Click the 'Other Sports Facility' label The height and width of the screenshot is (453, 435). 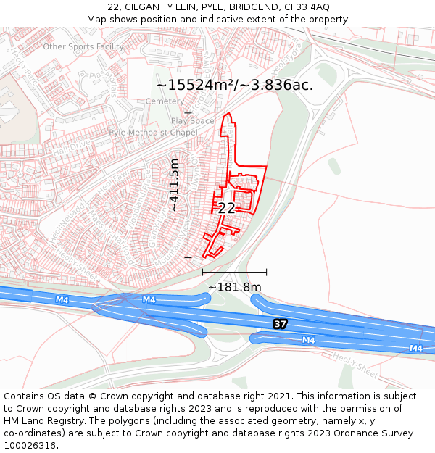pos(83,47)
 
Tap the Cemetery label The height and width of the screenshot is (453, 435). pos(165,101)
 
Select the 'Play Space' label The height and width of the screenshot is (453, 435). pos(193,121)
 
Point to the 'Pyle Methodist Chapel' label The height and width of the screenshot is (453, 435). pos(153,133)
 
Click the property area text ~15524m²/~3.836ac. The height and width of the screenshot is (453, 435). pos(235,85)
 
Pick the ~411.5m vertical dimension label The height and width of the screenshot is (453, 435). pos(174,186)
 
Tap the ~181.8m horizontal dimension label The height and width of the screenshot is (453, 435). pos(234,287)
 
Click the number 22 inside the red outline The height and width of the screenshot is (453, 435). pos(226,208)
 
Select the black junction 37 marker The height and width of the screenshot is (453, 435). pos(280,323)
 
